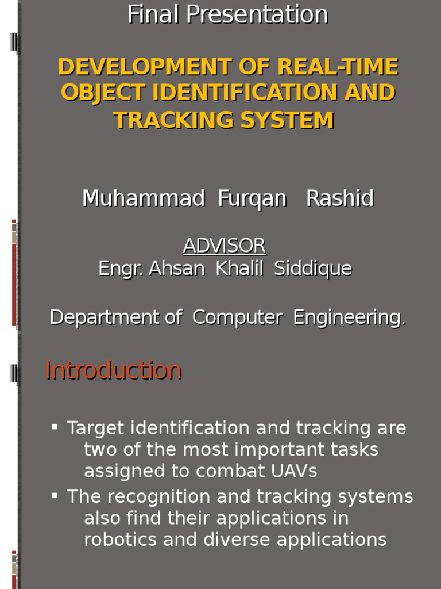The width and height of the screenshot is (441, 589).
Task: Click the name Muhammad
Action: pos(144,199)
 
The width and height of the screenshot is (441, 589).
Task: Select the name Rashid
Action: pos(340,199)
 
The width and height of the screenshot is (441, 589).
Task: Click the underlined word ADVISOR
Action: pos(225,246)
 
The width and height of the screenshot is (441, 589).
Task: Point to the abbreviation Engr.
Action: pos(121,269)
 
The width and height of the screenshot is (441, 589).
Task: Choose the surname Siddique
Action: pos(313,269)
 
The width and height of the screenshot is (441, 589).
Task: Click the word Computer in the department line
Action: pos(237,318)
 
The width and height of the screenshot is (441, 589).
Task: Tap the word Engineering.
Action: pos(349,318)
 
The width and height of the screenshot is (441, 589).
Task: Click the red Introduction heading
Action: pos(113,370)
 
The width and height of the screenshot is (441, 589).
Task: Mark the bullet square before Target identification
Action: pos(55,427)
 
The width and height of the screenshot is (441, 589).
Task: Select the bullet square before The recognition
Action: pos(55,495)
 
